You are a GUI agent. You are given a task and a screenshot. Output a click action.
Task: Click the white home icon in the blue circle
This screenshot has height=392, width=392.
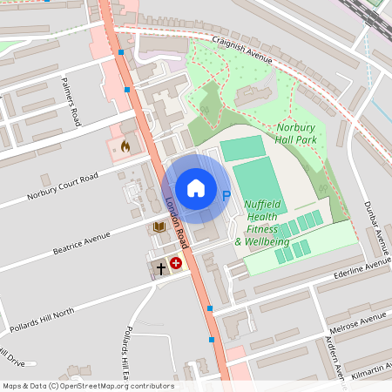(195, 187)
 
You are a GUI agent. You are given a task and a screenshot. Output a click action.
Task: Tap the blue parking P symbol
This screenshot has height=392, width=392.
(227, 197)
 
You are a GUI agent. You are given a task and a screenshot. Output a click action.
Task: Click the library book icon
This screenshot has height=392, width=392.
(159, 227)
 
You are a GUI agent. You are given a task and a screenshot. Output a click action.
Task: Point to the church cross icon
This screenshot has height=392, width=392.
(160, 268)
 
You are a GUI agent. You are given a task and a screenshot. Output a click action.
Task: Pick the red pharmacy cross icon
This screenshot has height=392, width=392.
(176, 261)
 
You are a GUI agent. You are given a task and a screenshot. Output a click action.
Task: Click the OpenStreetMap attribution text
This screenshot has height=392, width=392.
(88, 385)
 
